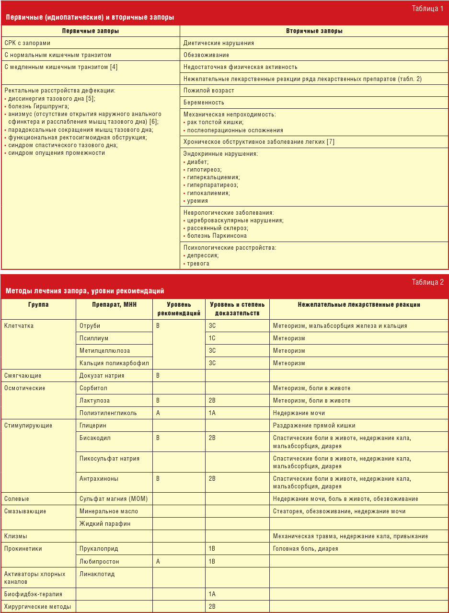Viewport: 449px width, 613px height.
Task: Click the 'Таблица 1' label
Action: click(427, 9)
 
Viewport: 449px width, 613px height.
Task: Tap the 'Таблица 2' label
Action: click(427, 282)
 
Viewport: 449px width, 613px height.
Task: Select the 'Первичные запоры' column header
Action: click(91, 31)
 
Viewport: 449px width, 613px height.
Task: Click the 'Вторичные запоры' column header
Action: click(314, 31)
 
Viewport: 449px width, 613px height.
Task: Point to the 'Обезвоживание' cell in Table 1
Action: click(206, 55)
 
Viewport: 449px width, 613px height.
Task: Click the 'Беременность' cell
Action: click(204, 103)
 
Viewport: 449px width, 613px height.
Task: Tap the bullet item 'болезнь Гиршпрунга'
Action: click(38, 106)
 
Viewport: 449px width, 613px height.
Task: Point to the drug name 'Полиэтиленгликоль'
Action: click(108, 413)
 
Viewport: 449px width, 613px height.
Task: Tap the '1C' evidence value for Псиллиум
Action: click(212, 338)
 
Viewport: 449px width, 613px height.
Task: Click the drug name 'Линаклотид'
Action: click(97, 574)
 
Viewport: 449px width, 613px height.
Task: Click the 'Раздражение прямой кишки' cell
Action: click(314, 426)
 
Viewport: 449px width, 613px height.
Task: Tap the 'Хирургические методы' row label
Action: click(37, 607)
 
